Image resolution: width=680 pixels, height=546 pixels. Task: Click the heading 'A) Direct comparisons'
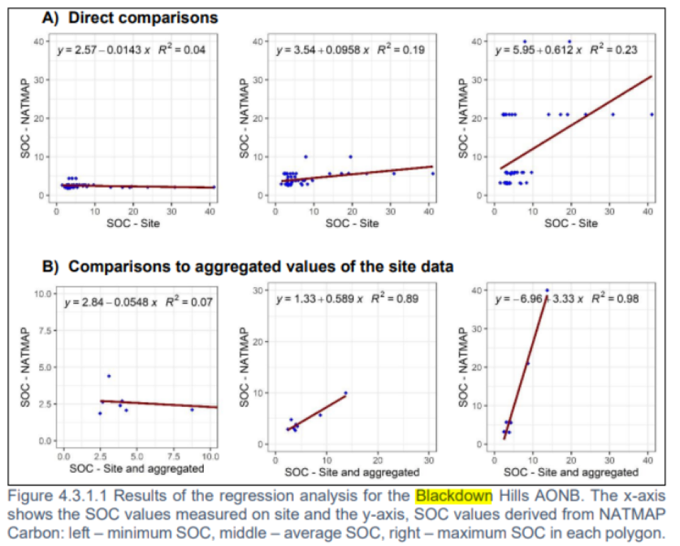coord(130,18)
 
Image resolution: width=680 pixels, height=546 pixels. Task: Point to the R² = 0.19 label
coord(401,51)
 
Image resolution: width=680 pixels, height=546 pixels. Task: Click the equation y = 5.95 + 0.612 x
coord(540,51)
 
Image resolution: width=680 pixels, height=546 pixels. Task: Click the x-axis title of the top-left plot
coord(133,223)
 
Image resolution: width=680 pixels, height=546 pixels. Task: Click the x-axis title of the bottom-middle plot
coord(352,472)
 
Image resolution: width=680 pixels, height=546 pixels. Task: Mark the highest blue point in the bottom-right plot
coord(547,290)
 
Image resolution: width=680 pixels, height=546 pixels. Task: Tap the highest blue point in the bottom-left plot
coord(109,376)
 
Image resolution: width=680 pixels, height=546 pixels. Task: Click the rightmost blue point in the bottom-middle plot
coord(345,392)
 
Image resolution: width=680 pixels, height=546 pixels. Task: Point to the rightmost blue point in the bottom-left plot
coord(192,410)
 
